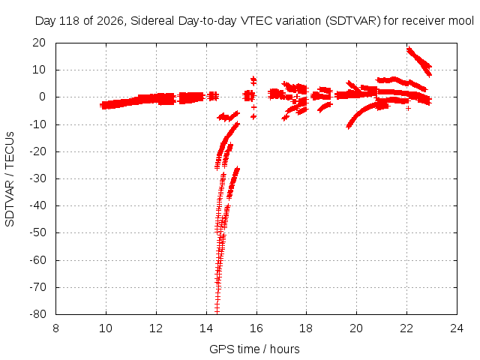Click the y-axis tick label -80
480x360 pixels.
pos(38,314)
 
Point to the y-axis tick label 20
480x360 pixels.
pos(39,43)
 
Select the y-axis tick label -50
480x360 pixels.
pos(38,232)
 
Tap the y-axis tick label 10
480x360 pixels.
pos(39,70)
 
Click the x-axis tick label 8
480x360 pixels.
pos(55,328)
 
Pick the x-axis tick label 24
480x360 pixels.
pos(457,328)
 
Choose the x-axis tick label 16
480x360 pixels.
pos(256,328)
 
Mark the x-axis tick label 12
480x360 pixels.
pos(156,328)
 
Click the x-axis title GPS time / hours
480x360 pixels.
pos(254,349)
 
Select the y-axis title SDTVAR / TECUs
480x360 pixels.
pos(10,179)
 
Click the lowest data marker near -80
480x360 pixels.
pos(217,311)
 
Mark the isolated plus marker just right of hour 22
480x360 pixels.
pos(408,108)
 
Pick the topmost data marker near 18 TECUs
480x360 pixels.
pos(409,49)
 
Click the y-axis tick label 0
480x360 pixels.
pos(42,97)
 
